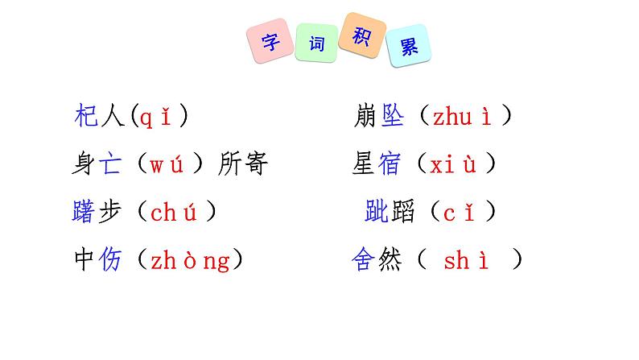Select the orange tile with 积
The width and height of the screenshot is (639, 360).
point(360,35)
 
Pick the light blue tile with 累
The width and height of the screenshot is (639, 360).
point(408,46)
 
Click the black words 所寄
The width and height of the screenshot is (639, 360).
point(244,165)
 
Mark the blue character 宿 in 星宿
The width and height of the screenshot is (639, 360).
point(390,165)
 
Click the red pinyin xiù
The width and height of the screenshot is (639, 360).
point(453,165)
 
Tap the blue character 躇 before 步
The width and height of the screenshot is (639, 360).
point(84,212)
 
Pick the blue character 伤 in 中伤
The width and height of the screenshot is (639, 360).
point(110,260)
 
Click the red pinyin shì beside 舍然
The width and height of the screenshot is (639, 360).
point(468,261)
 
